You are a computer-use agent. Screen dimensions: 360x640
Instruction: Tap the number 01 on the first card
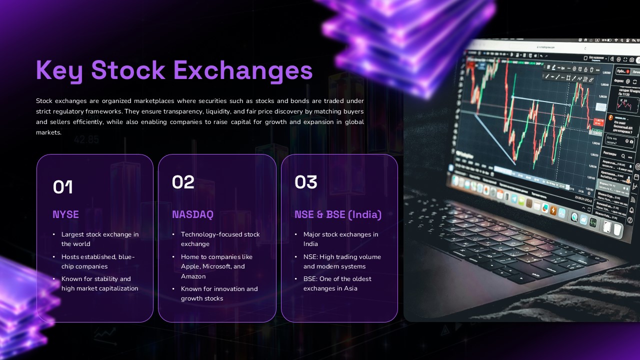coord(63,187)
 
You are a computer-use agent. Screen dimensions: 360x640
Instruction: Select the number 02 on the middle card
coord(183,182)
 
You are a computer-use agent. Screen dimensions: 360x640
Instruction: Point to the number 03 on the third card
coord(306,182)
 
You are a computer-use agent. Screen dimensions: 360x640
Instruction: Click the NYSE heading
coord(66,214)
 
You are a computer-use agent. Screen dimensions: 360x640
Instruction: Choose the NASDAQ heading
coord(192,214)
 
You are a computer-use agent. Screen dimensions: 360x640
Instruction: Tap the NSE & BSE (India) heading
coord(338,214)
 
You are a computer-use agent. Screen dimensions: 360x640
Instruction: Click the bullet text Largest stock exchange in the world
coord(99,239)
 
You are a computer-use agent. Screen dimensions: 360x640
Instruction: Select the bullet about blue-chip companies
coord(97,261)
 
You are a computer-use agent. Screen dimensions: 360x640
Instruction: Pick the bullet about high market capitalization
coord(99,283)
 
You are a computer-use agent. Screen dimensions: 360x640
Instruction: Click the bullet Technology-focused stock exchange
coord(220,239)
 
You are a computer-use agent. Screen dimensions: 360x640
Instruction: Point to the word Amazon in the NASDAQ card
coord(193,276)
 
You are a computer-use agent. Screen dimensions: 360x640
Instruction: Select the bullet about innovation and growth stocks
coord(219,293)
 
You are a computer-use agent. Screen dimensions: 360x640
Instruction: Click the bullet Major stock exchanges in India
coord(340,239)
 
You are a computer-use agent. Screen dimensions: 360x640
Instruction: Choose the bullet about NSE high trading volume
coord(341,261)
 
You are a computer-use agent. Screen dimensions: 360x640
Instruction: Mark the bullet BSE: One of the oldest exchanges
coord(337,283)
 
